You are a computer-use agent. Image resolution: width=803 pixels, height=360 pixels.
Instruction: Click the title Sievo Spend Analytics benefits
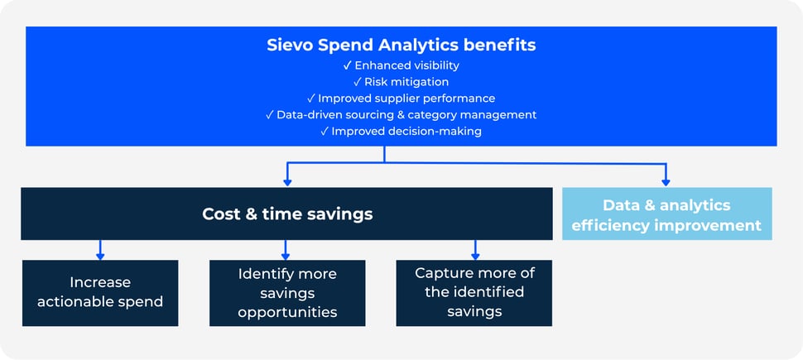401,45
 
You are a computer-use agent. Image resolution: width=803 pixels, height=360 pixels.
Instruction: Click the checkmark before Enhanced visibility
348,65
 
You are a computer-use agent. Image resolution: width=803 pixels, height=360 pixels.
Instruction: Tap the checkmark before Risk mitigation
358,82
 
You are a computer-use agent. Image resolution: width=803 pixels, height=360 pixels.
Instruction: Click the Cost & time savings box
286,214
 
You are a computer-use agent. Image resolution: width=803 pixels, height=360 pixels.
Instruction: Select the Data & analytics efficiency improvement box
666,214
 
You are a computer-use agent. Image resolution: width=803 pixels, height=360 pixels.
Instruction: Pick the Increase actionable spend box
100,292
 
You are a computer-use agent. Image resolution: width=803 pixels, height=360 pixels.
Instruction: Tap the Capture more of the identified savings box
474,292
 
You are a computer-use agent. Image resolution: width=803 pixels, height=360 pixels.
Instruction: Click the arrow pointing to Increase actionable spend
100,252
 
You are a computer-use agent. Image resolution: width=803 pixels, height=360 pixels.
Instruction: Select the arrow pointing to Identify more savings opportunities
286,252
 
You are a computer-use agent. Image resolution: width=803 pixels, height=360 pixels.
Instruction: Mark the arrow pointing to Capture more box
475,252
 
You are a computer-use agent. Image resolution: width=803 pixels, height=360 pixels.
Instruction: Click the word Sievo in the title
290,45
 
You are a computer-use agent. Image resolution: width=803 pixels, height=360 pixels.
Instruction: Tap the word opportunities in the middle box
287,312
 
